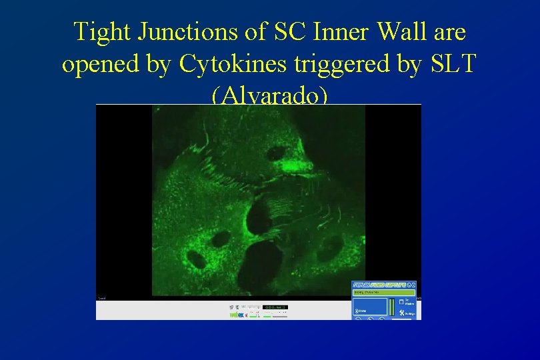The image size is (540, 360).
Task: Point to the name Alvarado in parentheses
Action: [x=269, y=95]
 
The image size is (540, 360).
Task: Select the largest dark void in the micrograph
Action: [x=264, y=260]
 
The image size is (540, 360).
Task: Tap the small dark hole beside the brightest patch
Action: [x=275, y=154]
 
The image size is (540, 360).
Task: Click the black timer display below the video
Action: [x=275, y=307]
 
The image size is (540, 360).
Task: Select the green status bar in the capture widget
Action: [x=383, y=292]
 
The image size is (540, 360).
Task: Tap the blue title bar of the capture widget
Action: [x=383, y=285]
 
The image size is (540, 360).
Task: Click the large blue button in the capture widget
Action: [x=370, y=307]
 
